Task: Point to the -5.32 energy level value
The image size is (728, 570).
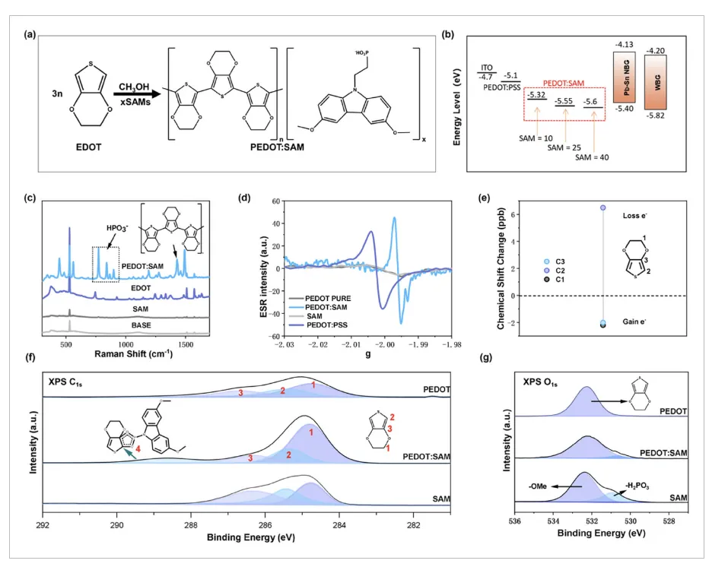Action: (536, 94)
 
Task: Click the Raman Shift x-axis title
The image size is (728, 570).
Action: (128, 353)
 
